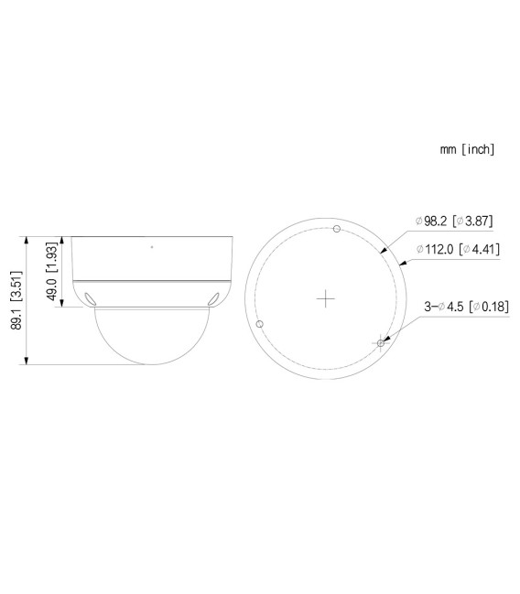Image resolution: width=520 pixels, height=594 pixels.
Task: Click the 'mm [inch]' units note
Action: [x=467, y=148]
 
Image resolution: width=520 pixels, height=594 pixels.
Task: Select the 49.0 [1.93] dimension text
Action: [x=52, y=272]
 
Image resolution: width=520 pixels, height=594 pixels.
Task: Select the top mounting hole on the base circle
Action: [x=336, y=229]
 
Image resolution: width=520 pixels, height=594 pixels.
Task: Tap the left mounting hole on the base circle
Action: [x=261, y=324]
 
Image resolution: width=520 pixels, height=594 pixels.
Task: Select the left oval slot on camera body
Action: [x=91, y=297]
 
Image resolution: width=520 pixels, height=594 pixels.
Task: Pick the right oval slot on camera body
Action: [x=212, y=297]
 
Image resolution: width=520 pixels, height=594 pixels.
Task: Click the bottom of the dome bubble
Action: [x=151, y=364]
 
